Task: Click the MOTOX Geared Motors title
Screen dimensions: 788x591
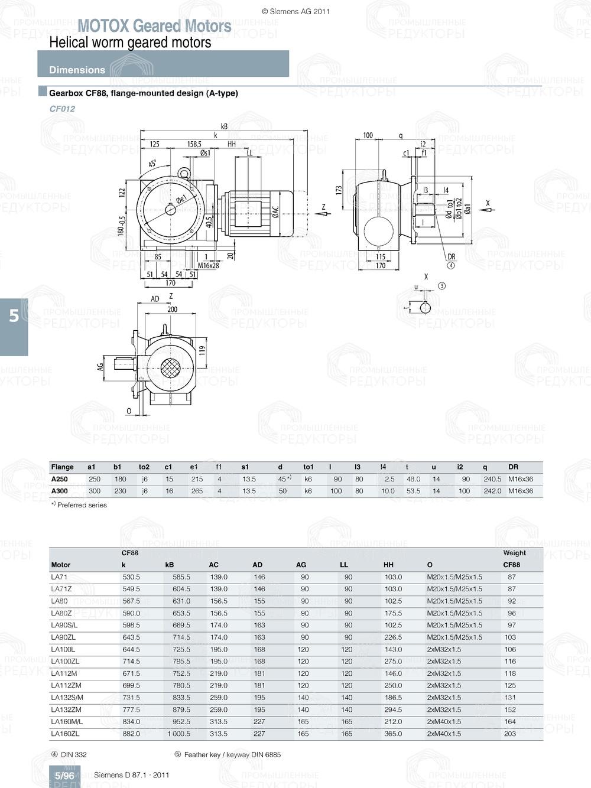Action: [154, 26]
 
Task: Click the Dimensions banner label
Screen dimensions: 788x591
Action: [77, 70]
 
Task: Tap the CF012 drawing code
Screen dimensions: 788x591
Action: [62, 109]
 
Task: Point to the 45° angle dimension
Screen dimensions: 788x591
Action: [152, 164]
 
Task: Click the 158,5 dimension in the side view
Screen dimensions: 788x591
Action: [194, 144]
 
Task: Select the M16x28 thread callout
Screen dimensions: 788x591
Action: [208, 266]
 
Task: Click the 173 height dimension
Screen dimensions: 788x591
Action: [339, 190]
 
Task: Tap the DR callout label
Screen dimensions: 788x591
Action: [451, 256]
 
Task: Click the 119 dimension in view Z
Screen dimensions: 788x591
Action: [202, 351]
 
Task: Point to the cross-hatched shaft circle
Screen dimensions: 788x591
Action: [171, 368]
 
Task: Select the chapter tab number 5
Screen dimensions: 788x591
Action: [14, 316]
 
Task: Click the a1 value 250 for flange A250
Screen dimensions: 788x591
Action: [95, 479]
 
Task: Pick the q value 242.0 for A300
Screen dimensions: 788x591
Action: [492, 491]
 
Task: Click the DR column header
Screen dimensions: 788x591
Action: [513, 467]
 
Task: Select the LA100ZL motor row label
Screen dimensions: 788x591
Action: [65, 662]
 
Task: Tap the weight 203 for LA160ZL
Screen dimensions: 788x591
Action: [510, 734]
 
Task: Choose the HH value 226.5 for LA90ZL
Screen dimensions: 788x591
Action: [393, 637]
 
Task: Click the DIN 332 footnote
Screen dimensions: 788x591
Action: [73, 754]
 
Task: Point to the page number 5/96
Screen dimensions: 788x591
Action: [64, 776]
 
